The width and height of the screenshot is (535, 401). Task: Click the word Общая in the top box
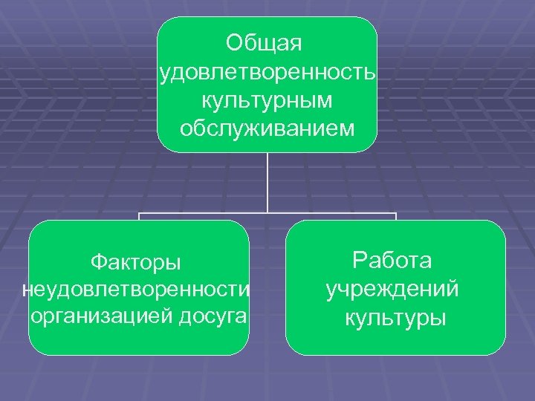coord(267,44)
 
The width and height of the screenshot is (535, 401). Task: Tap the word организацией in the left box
coord(100,316)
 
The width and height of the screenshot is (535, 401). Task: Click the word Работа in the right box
coord(393,261)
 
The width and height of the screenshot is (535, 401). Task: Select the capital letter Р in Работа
coord(360,261)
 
